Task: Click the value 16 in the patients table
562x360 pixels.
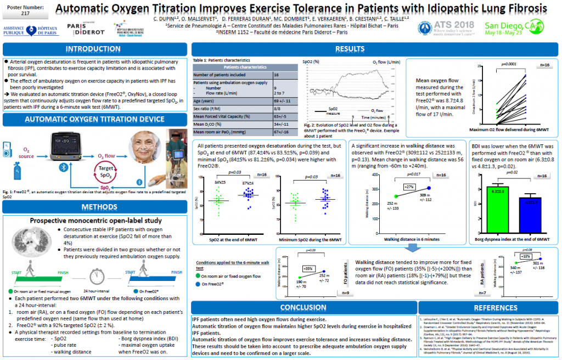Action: click(276, 74)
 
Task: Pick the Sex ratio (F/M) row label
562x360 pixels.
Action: click(209, 109)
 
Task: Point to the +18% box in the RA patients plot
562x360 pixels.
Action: click(525, 256)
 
